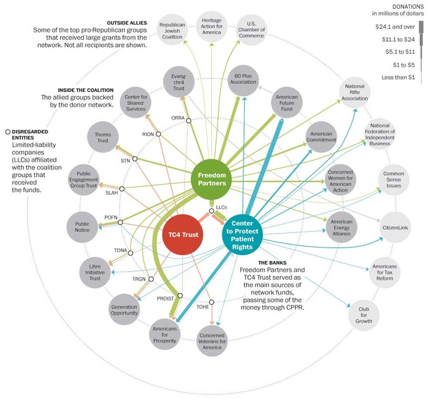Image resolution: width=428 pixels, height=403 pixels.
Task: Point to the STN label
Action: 126,161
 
